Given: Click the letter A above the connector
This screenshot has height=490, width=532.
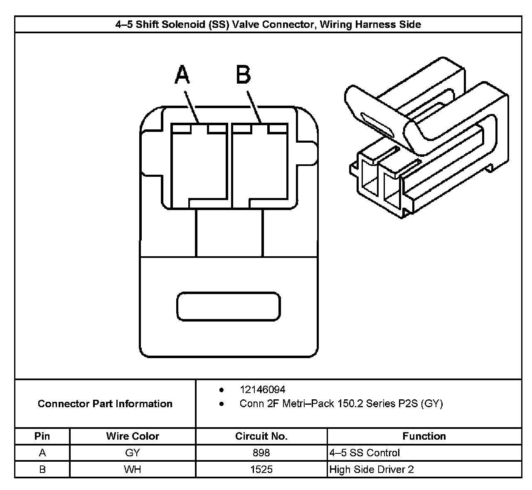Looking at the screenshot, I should pyautogui.click(x=182, y=75).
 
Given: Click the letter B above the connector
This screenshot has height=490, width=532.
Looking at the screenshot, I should pyautogui.click(x=243, y=75).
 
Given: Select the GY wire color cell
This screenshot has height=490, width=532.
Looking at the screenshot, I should pyautogui.click(x=133, y=453).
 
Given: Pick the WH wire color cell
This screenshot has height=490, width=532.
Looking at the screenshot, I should pyautogui.click(x=133, y=469).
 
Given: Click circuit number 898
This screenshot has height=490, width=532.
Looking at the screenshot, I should pyautogui.click(x=261, y=453).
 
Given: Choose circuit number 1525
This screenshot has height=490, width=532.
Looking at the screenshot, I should pyautogui.click(x=261, y=469).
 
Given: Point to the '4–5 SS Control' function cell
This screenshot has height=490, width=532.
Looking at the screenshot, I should pyautogui.click(x=365, y=453).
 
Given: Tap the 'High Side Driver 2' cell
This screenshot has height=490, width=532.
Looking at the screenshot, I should pyautogui.click(x=372, y=469).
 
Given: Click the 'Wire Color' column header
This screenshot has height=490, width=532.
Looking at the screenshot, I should pyautogui.click(x=133, y=436).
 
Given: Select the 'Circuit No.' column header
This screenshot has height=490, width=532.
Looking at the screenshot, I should pyautogui.click(x=261, y=436).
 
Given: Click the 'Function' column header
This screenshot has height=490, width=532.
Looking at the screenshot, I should pyautogui.click(x=424, y=436).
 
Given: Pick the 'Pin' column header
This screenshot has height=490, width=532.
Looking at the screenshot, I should pyautogui.click(x=42, y=436).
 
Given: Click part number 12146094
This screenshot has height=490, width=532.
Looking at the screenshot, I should pyautogui.click(x=262, y=390).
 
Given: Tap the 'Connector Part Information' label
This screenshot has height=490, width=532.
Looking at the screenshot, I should pyautogui.click(x=105, y=403).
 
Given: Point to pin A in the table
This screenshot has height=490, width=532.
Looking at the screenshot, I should pyautogui.click(x=42, y=453).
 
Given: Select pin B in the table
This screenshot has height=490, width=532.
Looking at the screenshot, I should pyautogui.click(x=42, y=469).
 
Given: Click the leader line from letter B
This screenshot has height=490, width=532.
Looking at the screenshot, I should pyautogui.click(x=254, y=107).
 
